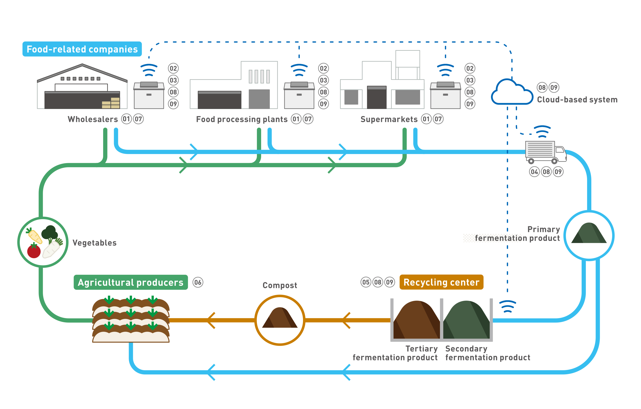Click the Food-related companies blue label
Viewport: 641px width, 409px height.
(x=82, y=49)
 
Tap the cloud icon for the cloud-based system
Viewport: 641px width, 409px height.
(x=511, y=92)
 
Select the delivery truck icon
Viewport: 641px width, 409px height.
(x=545, y=152)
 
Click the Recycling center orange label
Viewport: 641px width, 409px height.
(x=441, y=282)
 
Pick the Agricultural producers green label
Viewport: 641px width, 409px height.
(x=130, y=282)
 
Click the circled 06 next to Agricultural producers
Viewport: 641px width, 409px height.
(x=198, y=282)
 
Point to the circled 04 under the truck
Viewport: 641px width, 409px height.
(x=534, y=172)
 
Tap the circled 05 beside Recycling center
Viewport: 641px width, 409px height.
(x=366, y=282)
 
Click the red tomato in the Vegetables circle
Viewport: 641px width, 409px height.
(x=34, y=251)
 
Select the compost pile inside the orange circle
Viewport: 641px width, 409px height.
(x=280, y=318)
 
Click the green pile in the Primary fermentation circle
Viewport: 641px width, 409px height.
(x=589, y=233)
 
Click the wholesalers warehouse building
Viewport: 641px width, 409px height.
(x=82, y=88)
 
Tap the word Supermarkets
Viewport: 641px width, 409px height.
(x=389, y=119)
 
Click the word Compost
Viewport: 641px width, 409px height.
(x=280, y=285)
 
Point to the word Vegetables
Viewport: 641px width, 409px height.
(x=95, y=243)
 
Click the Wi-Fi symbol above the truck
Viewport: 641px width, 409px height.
(x=542, y=131)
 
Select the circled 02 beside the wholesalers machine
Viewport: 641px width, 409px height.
(x=173, y=68)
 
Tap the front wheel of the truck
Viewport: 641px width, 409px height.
(x=554, y=161)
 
